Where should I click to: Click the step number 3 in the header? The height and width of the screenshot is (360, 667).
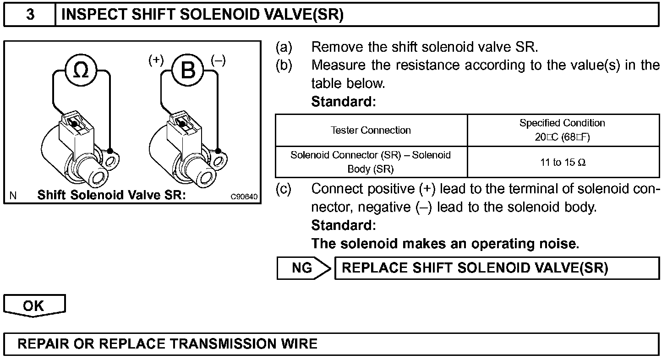coord(30,15)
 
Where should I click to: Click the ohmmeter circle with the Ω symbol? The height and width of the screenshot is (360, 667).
coord(81,71)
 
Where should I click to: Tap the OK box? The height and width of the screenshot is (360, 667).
coord(34,305)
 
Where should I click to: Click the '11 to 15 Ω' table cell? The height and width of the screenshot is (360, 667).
coord(563,162)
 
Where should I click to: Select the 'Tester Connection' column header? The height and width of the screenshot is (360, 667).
coord(371,130)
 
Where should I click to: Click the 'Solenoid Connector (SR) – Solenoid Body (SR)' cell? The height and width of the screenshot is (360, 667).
coord(371,162)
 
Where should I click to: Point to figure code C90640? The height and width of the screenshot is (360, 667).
coord(244,197)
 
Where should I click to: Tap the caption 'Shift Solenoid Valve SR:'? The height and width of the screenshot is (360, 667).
coord(111,195)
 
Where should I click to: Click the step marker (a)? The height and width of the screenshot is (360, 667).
coord(284,47)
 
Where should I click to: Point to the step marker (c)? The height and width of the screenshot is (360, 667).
coord(284,189)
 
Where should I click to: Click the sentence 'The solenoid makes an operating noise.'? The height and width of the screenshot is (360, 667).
coord(445,243)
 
